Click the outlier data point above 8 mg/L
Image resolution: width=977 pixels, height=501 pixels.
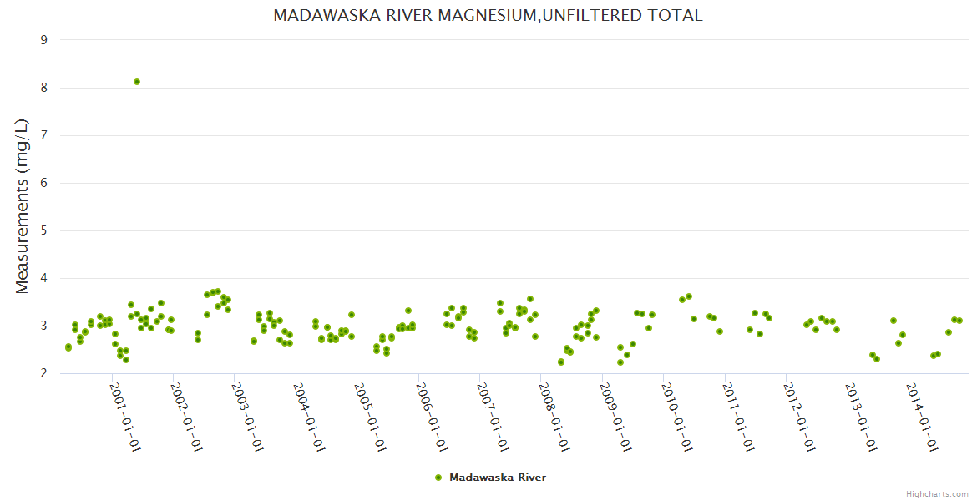coord(137,82)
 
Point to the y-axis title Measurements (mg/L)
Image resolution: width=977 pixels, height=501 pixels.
coord(23,206)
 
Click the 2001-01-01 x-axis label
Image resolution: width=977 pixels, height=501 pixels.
coord(126,417)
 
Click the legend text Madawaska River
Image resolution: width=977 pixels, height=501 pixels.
coord(498,478)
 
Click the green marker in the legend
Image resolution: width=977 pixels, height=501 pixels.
coord(438,478)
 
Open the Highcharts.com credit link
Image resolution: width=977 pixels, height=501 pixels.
coord(937,493)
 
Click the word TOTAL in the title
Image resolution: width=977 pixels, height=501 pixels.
coord(673,15)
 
